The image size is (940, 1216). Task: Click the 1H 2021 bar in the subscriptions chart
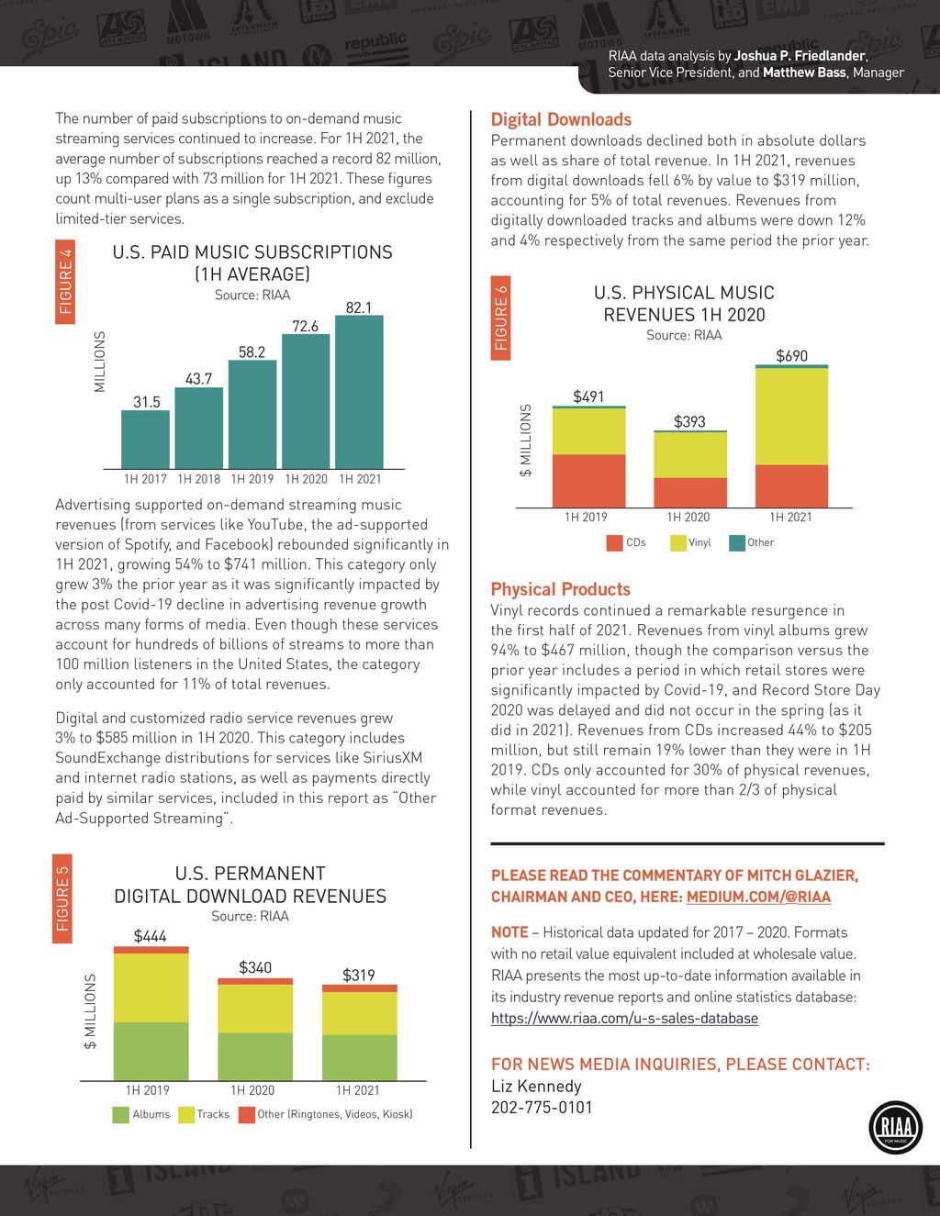359,393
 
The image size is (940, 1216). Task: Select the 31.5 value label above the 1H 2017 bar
147,402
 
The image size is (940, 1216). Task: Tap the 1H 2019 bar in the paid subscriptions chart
252,415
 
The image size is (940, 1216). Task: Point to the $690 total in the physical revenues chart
791,355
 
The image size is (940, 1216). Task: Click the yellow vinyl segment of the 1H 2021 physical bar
791,416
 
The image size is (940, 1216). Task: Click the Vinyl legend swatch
678,543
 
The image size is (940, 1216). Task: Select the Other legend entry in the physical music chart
752,542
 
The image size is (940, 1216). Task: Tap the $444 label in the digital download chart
151,936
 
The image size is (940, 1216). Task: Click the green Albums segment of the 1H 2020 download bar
255,1056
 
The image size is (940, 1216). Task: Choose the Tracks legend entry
205,1114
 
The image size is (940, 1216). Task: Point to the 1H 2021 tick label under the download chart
357,1090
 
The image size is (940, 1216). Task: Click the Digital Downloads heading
561,119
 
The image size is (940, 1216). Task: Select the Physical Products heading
560,589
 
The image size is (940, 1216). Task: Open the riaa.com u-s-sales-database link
624,1018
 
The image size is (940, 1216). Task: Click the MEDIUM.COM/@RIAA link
758,897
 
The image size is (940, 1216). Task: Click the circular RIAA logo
894,1126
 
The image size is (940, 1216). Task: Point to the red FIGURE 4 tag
65,281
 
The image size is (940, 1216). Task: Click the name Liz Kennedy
536,1086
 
